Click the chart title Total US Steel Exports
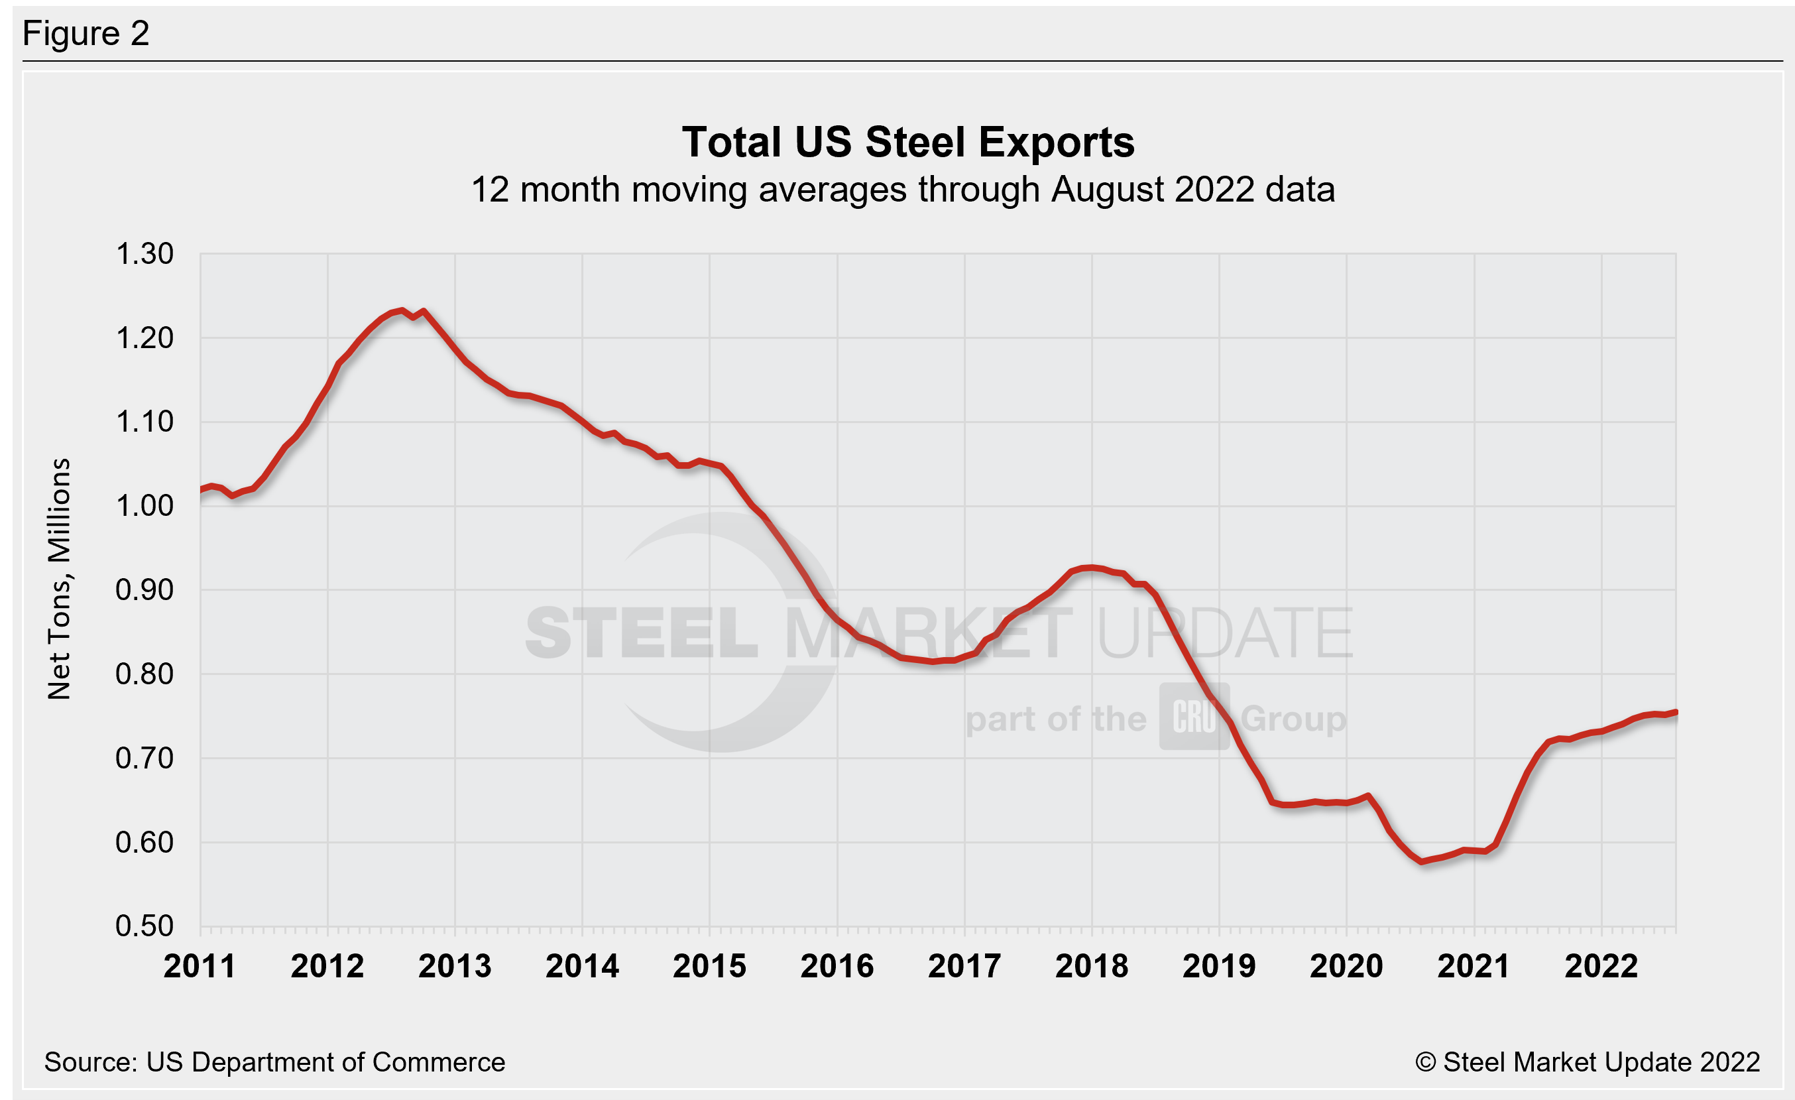point(907,142)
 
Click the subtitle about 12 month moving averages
point(903,190)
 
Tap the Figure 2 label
point(86,34)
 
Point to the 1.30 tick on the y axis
point(145,254)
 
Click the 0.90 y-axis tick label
point(145,590)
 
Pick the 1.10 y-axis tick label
point(145,422)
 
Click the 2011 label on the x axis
point(200,967)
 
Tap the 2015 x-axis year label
point(709,967)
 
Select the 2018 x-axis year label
point(1091,967)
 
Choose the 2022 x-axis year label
point(1601,967)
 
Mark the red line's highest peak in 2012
point(402,310)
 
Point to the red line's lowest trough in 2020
point(1421,862)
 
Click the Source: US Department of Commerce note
point(274,1062)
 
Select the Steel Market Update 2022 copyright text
point(1587,1062)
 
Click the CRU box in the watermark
point(1194,717)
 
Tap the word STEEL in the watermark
point(641,634)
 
